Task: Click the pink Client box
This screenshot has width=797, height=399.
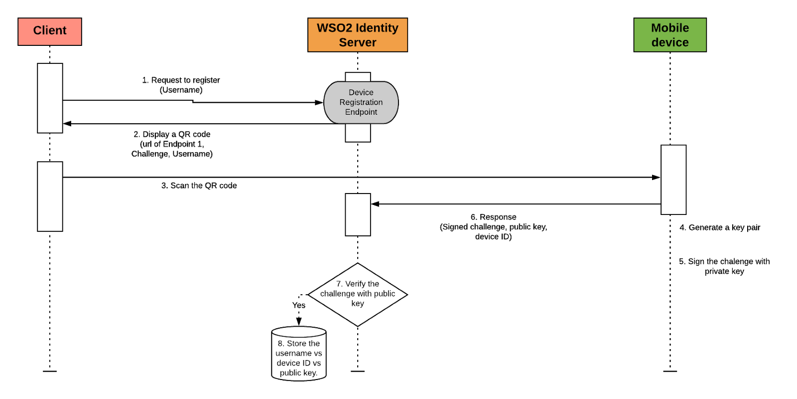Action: pos(50,31)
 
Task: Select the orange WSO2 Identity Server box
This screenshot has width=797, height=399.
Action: pos(358,35)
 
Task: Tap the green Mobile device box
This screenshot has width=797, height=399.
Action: pos(670,35)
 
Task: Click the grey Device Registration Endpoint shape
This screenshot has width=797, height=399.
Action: pos(361,102)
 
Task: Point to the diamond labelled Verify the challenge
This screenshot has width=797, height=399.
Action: pos(358,294)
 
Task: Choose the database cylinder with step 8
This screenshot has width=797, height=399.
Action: pos(299,354)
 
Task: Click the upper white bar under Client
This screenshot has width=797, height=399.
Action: pos(50,98)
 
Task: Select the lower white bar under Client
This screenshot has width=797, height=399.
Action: pos(50,196)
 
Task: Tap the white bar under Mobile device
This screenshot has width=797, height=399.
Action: pos(673,180)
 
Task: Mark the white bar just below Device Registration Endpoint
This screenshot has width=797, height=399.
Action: pos(358,133)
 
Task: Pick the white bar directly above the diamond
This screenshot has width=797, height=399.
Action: pos(358,214)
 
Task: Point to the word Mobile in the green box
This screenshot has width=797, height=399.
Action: pos(670,28)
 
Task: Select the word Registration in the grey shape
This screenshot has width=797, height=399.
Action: pos(361,102)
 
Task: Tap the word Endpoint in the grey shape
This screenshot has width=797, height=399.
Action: pos(361,112)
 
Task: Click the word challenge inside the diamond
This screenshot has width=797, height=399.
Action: pos(337,294)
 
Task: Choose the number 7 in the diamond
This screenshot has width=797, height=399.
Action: pos(339,284)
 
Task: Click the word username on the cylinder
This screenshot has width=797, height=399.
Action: pos(294,353)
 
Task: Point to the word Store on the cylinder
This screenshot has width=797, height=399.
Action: pos(296,344)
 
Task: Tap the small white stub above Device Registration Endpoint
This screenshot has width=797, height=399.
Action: pos(358,77)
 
